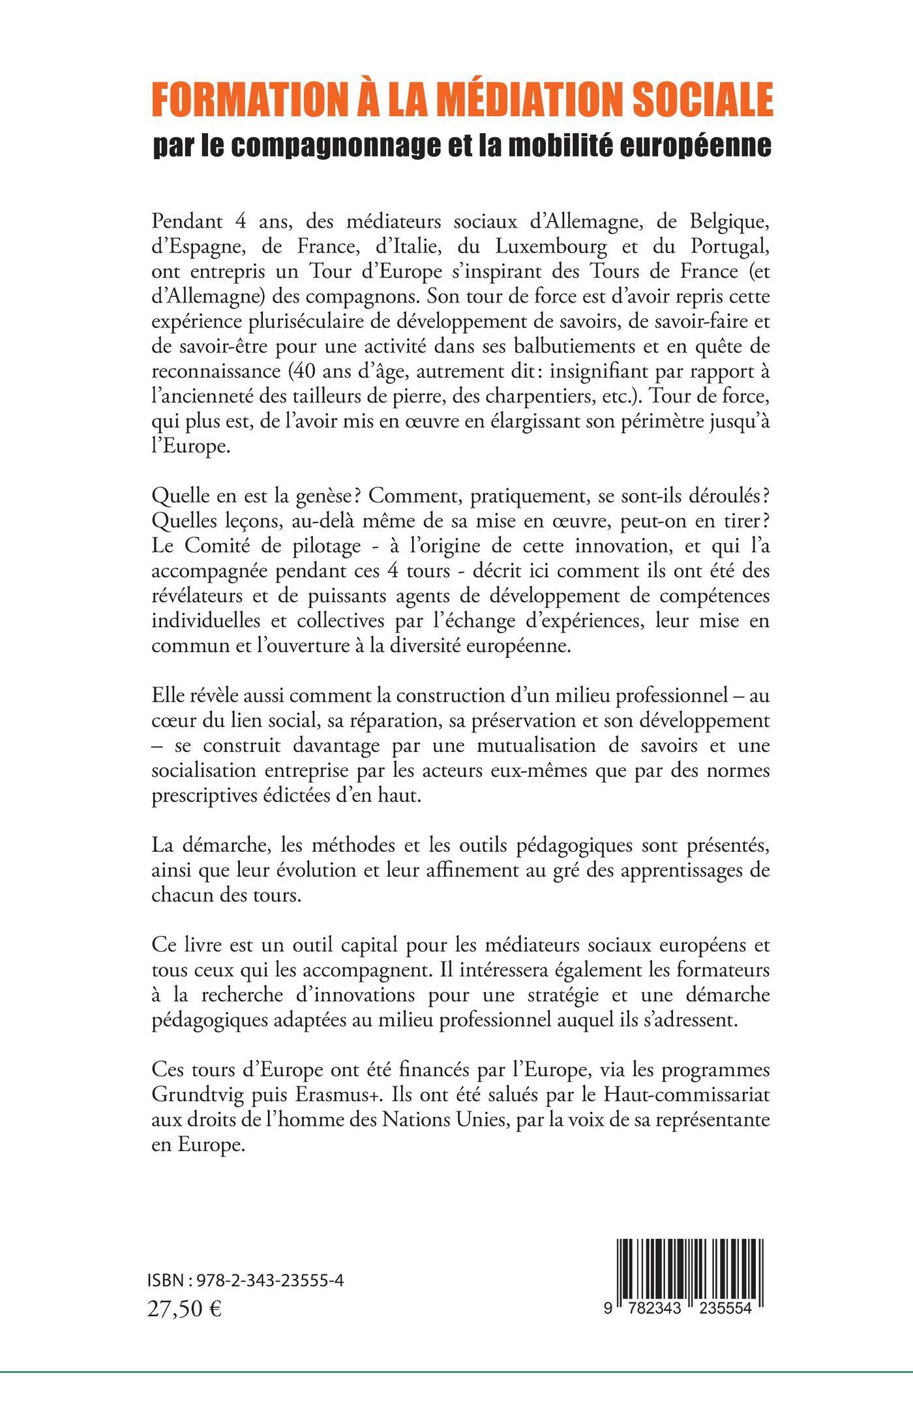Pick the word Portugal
(x=726, y=247)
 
